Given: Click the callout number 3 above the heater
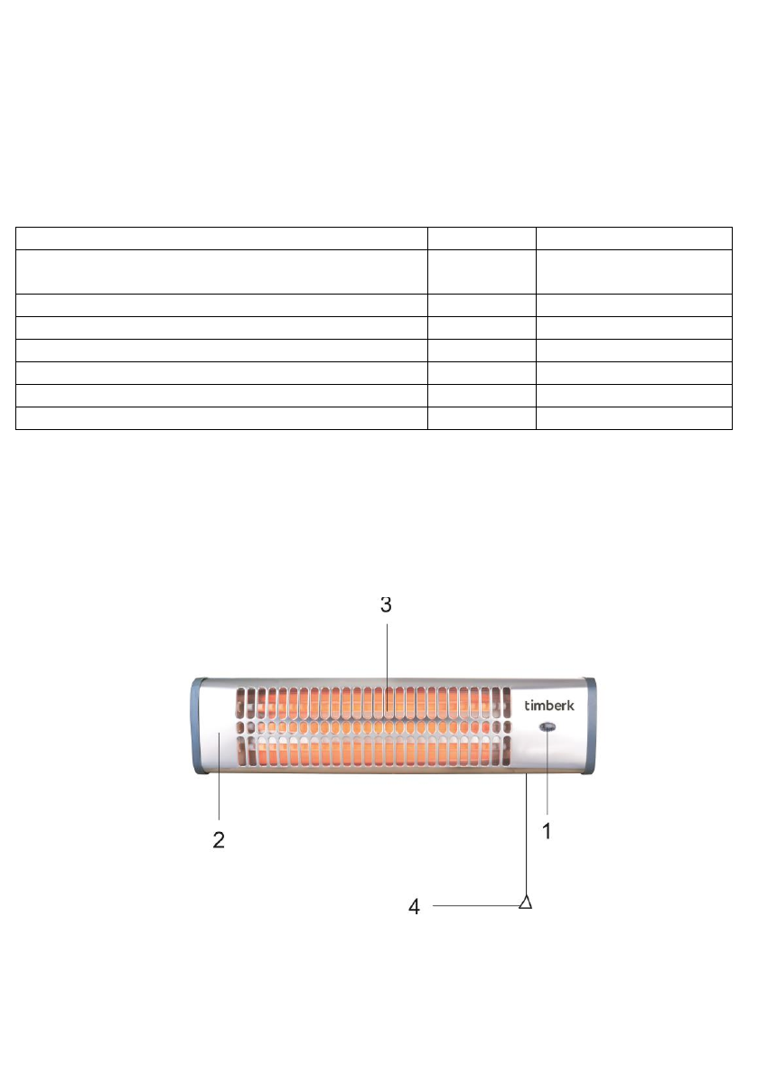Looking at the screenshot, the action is (x=386, y=604).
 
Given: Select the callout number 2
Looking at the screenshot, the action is (x=219, y=840).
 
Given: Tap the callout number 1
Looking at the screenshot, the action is (x=547, y=832).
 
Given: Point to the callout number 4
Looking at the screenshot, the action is (x=415, y=907).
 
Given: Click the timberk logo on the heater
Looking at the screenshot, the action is (x=548, y=706).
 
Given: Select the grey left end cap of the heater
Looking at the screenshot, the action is (x=199, y=726).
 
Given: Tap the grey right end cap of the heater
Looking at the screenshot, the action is (x=589, y=726).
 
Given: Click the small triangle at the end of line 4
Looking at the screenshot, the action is (x=526, y=902).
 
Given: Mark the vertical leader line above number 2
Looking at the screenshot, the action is (x=219, y=776).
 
